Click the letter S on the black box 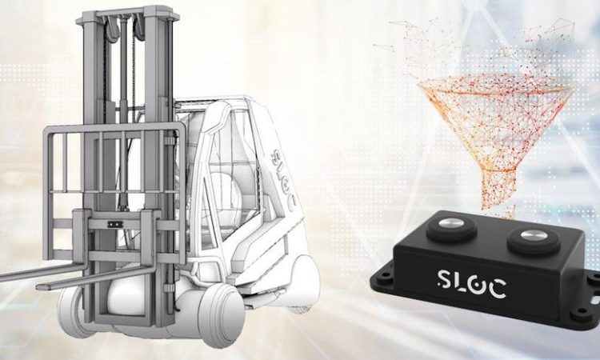[445, 279]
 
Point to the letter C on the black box [497, 288]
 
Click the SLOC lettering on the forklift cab [284, 179]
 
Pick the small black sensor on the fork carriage [113, 225]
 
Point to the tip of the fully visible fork [39, 286]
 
